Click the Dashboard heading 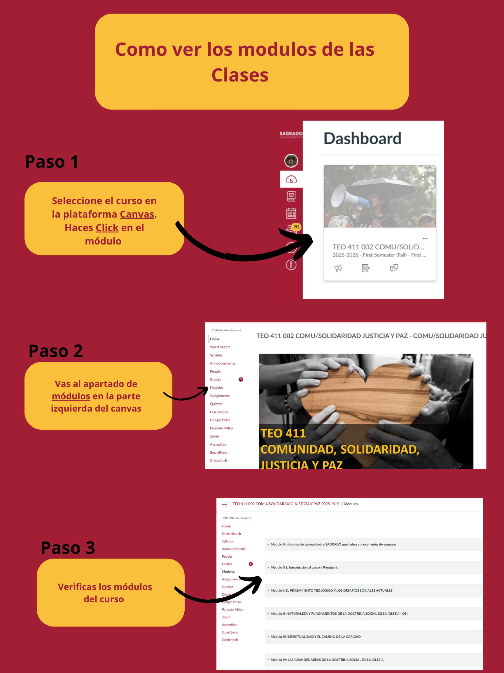362,138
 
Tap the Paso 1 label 52,162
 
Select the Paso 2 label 56,351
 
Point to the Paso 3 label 68,548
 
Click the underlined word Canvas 137,214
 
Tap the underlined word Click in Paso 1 107,228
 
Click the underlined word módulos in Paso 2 71,396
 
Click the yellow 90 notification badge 296,227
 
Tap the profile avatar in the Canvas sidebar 291,161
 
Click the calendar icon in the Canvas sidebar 291,213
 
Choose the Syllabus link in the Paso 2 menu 216,355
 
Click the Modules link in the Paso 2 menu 217,388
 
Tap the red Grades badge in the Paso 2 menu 241,379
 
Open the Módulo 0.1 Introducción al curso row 304,568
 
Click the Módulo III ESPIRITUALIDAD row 315,636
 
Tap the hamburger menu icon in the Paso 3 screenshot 225,504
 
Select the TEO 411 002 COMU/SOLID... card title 378,247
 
